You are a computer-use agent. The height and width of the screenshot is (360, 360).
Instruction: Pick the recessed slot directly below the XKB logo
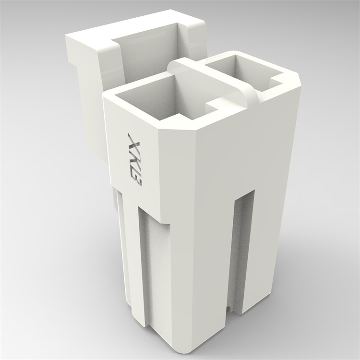154,269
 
